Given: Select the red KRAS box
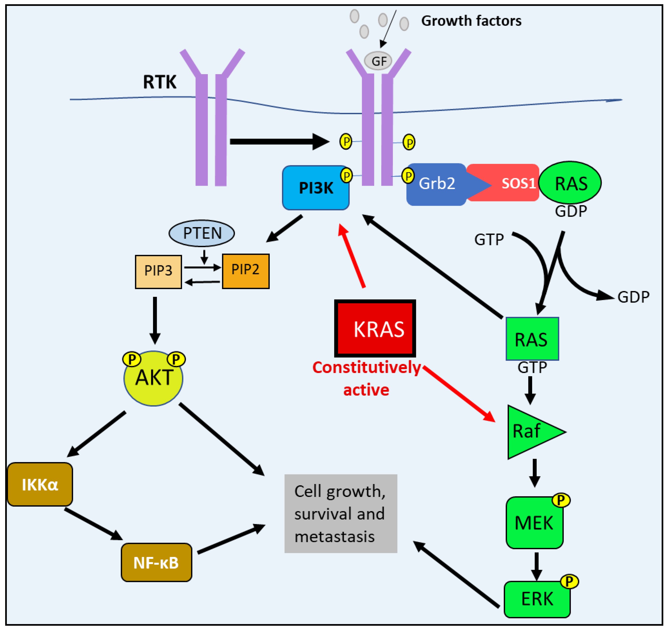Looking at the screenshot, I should tap(375, 329).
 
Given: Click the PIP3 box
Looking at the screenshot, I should tap(158, 271).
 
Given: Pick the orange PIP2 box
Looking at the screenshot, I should tap(246, 271).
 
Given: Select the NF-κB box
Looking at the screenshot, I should tap(156, 562).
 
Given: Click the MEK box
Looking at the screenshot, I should tap(534, 523).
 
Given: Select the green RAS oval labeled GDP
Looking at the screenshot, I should tap(570, 183).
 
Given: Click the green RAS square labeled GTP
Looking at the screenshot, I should tap(532, 339).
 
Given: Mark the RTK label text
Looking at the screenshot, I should tap(160, 82).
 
